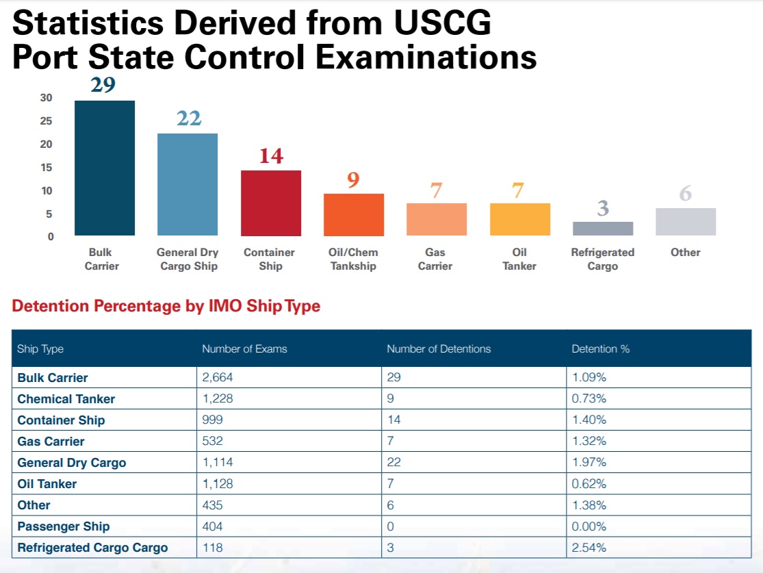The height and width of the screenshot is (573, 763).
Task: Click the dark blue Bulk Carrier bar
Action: point(104,168)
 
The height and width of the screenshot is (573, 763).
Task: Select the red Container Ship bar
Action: point(270,203)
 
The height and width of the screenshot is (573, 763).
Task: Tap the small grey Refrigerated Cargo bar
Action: point(602,229)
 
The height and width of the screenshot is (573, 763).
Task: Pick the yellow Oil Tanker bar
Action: point(519,219)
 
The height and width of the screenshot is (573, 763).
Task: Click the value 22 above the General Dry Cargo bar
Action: point(189,118)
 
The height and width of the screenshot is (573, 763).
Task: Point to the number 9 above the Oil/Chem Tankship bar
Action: point(353,179)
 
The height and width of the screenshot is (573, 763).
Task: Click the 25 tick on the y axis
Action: point(46,121)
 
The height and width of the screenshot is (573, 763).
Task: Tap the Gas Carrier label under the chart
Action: point(435,259)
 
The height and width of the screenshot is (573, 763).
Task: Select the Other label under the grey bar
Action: point(685,252)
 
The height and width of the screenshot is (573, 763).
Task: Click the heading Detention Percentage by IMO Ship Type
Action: point(166,306)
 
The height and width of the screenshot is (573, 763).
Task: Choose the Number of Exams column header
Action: point(244,348)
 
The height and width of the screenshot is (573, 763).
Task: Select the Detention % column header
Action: point(600,348)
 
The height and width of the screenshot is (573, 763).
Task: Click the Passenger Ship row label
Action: point(63,526)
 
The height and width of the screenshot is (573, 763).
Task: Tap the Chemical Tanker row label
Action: point(66,398)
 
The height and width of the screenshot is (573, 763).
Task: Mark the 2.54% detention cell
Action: point(589,548)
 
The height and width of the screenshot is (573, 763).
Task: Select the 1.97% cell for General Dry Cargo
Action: point(589,462)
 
